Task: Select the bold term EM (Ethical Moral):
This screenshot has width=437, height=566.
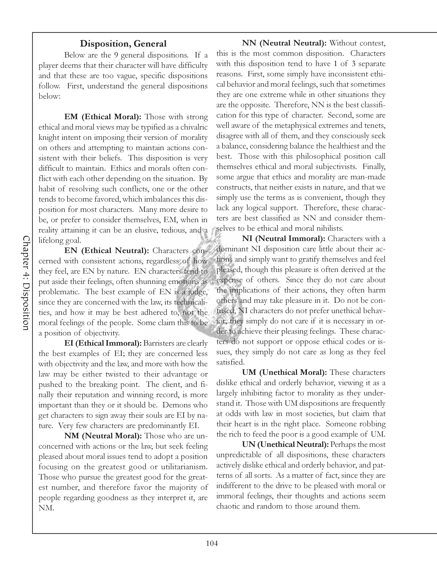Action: pos(102,117)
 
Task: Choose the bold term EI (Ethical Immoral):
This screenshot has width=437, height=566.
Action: pos(103,343)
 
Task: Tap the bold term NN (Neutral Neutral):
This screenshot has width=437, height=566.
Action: pos(284,43)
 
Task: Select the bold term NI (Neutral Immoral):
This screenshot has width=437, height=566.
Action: pos(284,238)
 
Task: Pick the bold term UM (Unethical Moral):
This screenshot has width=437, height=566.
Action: pos(284,372)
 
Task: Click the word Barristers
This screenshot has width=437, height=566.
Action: pos(159,344)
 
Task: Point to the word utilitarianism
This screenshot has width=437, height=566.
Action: pos(184,467)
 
